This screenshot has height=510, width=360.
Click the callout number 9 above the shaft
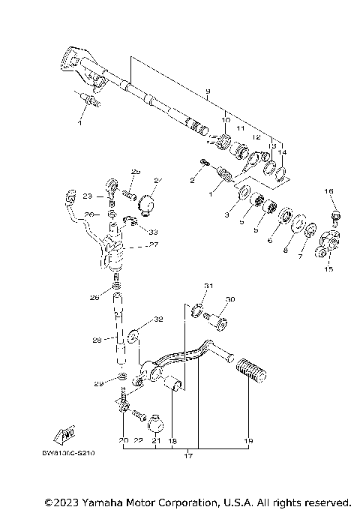tap(207, 91)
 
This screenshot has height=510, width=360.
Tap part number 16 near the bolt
tap(328, 192)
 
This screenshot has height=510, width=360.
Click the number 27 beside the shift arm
tap(152, 244)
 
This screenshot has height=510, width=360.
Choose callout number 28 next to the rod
tap(97, 340)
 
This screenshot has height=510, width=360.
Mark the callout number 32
tap(157, 319)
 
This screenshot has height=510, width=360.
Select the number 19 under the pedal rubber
tap(249, 441)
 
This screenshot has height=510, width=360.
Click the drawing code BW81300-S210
tap(73, 453)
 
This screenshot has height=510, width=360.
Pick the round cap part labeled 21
tap(157, 424)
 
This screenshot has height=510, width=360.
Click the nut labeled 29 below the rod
tap(122, 375)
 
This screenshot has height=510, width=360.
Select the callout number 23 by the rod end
tap(87, 196)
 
